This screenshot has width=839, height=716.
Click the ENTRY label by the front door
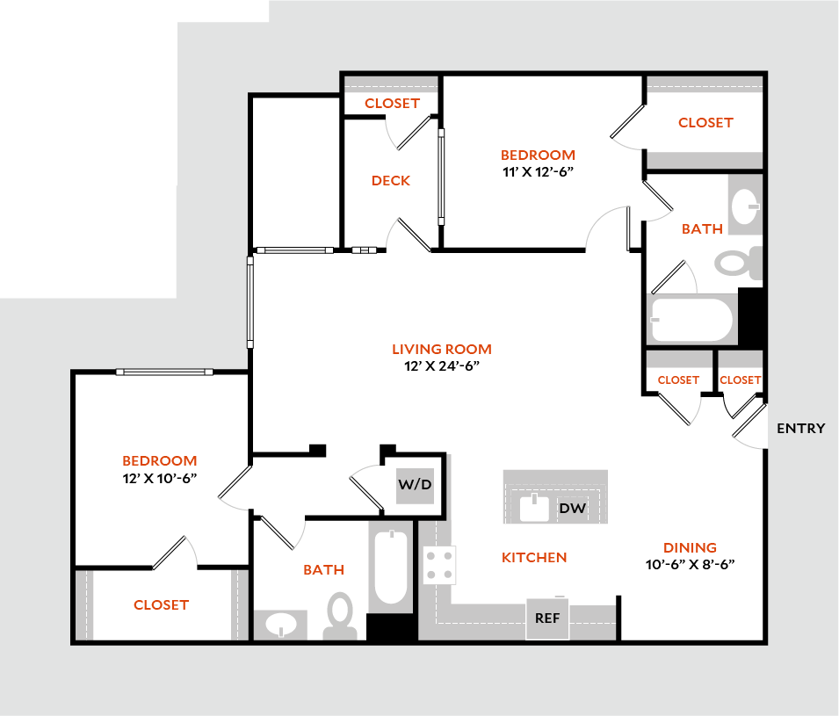[x=800, y=428]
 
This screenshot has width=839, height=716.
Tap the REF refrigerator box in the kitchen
[x=547, y=618]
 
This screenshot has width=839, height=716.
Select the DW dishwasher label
[x=573, y=508]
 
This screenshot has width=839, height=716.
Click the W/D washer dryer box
[x=416, y=484]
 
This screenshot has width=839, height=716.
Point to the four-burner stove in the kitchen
[x=440, y=565]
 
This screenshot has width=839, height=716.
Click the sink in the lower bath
[x=281, y=626]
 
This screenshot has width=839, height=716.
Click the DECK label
[x=390, y=181]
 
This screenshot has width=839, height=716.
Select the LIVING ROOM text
[x=441, y=349]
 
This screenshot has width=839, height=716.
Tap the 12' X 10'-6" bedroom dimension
[x=159, y=478]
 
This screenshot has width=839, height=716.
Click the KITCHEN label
[x=534, y=557]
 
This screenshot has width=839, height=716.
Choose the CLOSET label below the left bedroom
[x=161, y=604]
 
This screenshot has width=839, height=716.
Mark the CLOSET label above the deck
[x=392, y=103]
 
